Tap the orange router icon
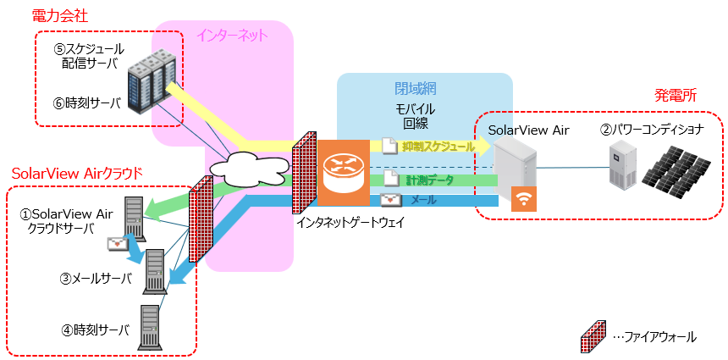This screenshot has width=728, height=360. [344, 172]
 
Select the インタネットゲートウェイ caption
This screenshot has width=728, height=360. [350, 222]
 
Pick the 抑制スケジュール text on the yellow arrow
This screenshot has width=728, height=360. [438, 146]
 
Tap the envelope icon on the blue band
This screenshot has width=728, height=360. [390, 201]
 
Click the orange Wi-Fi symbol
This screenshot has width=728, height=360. [525, 199]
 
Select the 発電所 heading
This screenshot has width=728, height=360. [676, 96]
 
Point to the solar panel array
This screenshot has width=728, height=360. [679, 167]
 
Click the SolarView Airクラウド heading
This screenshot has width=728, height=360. [76, 173]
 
